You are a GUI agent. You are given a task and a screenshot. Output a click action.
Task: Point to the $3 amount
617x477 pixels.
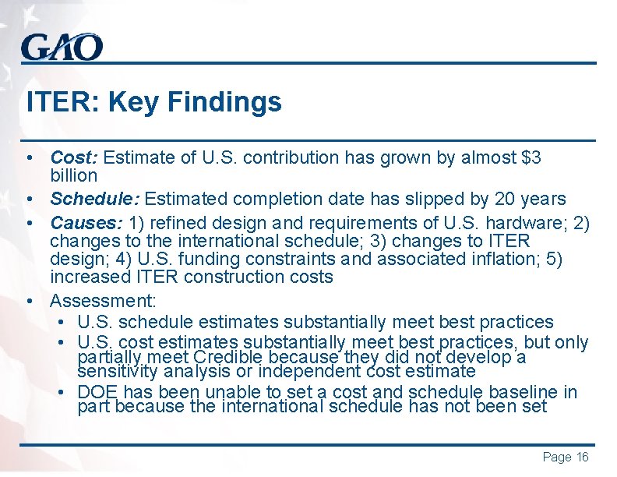531,157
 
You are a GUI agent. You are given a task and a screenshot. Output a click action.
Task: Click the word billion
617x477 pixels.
73,175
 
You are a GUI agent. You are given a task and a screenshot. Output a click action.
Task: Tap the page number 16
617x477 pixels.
582,458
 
